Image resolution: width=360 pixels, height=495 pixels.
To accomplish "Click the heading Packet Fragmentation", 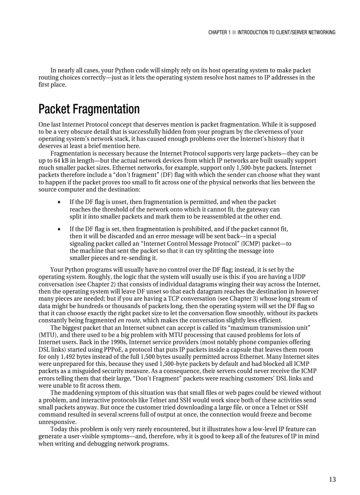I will tap(89, 109).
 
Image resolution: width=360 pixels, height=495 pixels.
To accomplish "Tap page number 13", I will tap(332, 480).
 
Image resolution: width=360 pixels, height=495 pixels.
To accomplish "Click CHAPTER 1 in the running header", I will tap(219, 32).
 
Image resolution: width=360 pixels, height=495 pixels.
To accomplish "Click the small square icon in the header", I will tap(234, 32).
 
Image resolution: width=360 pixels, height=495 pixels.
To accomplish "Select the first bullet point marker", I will tap(59, 202).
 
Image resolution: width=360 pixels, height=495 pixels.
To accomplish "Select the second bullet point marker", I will tap(59, 230).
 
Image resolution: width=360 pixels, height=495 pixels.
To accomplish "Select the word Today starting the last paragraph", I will tap(59, 429).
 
